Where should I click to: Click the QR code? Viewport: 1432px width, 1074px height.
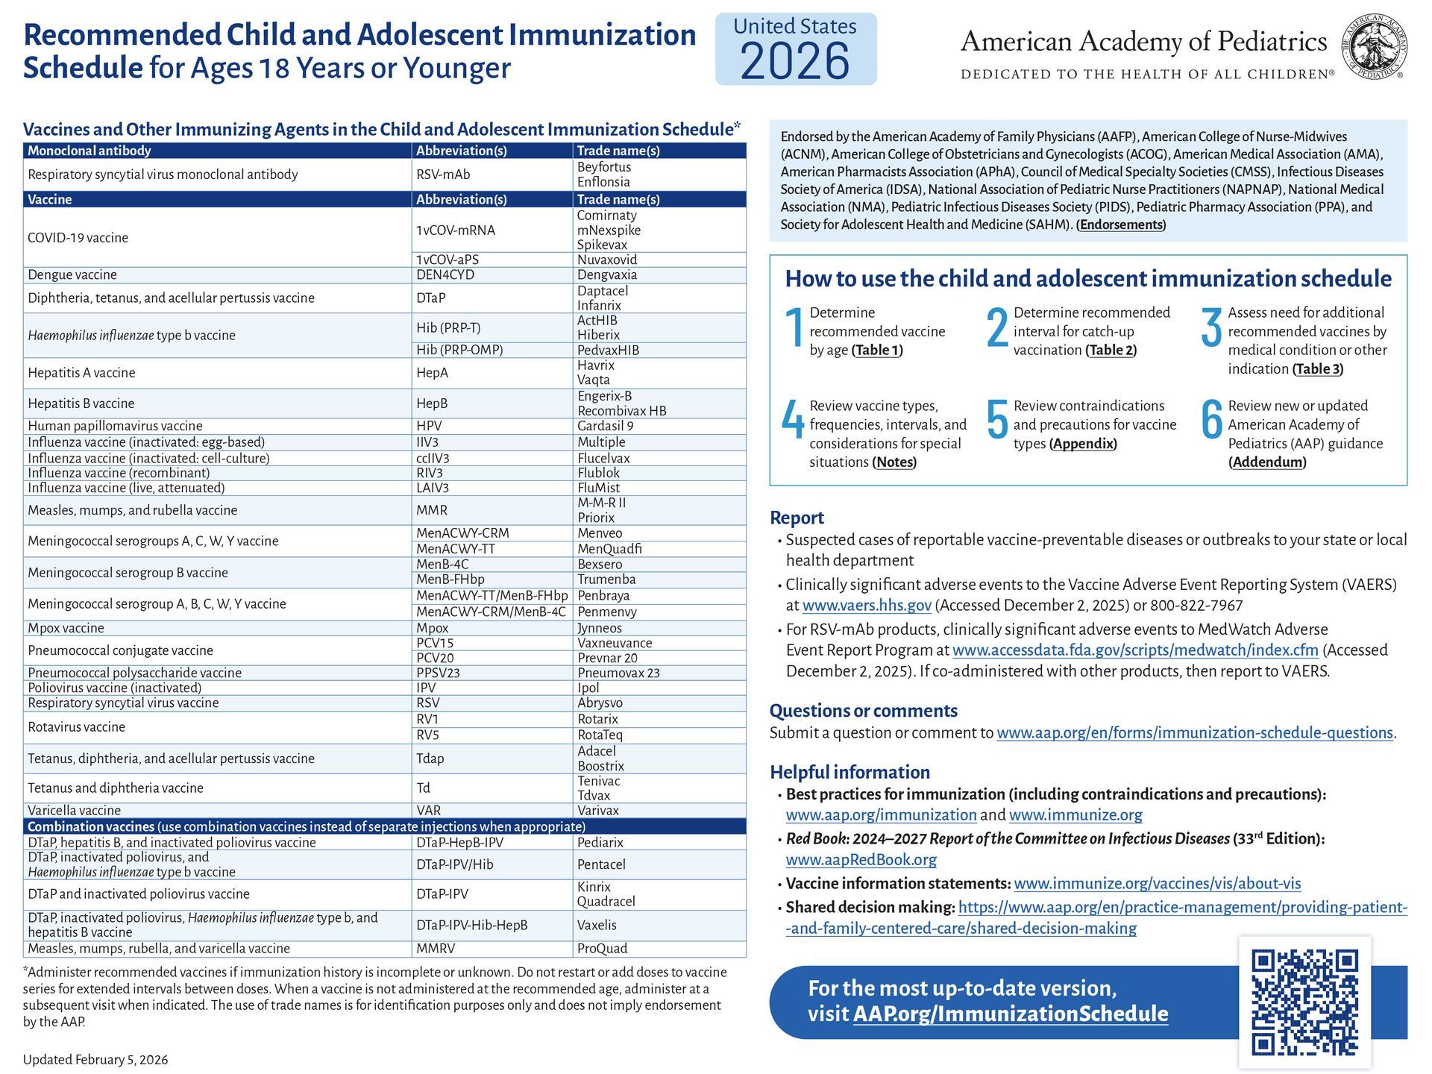1304,1002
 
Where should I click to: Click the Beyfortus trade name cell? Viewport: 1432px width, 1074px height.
604,167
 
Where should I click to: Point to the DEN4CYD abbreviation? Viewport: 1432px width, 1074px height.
445,274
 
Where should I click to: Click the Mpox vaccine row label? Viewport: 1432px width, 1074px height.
66,628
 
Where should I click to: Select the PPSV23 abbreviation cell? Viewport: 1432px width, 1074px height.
439,673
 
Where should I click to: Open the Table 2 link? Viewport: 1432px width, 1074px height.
1111,350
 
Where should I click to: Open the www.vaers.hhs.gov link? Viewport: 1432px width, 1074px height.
867,606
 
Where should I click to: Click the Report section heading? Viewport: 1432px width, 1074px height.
797,518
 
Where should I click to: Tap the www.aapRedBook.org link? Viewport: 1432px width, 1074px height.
861,859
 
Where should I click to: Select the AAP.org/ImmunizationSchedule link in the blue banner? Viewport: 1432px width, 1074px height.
1011,1014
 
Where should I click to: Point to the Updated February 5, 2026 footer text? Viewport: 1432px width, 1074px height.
95,1060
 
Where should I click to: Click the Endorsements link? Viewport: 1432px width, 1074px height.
1121,224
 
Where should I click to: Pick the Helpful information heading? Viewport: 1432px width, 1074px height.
850,772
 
